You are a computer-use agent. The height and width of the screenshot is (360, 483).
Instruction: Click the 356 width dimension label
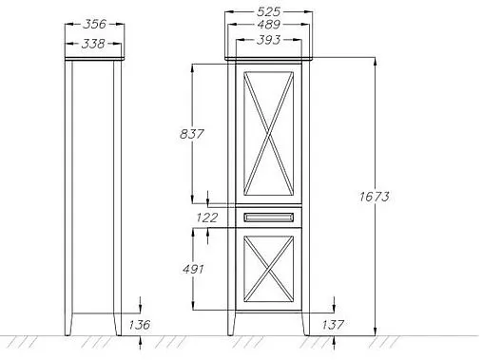point(94,24)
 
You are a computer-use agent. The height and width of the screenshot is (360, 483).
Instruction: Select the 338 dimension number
point(93,44)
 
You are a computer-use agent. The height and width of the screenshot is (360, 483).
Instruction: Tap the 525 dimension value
point(268,11)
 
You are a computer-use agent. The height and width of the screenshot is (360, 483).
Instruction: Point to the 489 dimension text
point(268,25)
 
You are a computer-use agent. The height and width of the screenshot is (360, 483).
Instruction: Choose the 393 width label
point(268,40)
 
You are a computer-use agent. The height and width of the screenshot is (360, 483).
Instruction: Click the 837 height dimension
point(192,134)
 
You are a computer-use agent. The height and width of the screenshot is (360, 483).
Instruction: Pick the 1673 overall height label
point(375,197)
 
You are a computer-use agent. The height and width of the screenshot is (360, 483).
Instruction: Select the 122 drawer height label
point(207,218)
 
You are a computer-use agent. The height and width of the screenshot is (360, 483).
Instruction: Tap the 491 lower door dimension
point(193,269)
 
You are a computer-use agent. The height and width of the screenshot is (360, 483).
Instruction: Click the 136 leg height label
point(140,325)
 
